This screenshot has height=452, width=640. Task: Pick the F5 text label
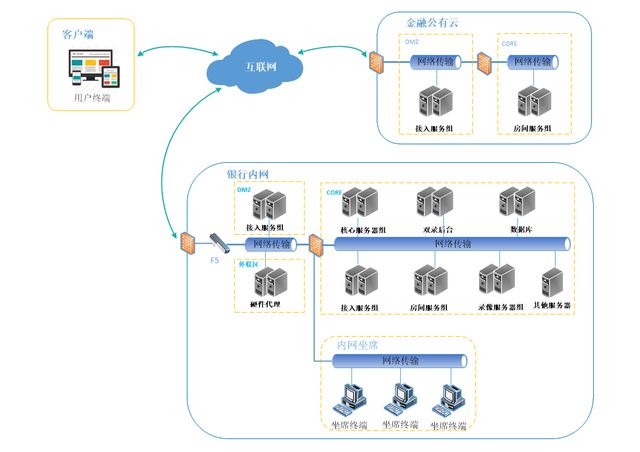pos(214,260)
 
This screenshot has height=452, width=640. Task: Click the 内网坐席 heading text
pos(358,344)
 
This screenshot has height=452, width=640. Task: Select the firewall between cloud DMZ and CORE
pos(487,62)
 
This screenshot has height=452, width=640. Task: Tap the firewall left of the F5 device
pos(186,242)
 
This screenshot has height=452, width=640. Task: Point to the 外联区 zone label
pos(248,264)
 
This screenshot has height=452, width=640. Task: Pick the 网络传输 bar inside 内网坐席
pos(400,361)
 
